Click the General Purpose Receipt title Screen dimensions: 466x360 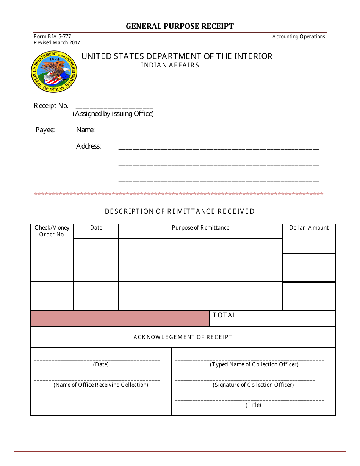(180, 26)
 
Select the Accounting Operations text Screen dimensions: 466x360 (299, 37)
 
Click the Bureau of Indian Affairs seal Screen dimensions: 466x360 (54, 72)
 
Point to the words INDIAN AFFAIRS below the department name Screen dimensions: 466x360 (170, 65)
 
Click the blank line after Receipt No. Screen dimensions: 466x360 (114, 108)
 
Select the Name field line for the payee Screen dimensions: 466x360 (219, 132)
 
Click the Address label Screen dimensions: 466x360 (88, 146)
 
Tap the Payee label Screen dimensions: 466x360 (45, 130)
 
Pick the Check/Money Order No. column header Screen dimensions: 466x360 (52, 231)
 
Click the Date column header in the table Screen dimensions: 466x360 (96, 228)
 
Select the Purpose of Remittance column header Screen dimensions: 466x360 (200, 228)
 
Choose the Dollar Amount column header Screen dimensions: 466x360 (309, 228)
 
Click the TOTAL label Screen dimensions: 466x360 (225, 315)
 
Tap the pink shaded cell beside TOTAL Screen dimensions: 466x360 (120, 319)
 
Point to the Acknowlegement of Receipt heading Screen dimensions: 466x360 (183, 337)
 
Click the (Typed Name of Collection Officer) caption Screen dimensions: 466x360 (254, 364)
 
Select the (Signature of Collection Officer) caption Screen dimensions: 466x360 (253, 385)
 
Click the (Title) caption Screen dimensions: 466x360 (253, 405)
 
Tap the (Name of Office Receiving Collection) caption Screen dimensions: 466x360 (101, 385)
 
